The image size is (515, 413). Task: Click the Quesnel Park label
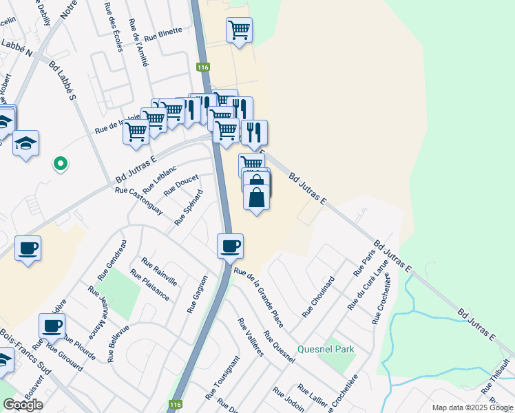coord(326,349)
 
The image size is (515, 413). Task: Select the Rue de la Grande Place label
coord(259,288)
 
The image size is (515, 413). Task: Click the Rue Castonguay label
coord(139,201)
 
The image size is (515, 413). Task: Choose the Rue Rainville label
coord(159,271)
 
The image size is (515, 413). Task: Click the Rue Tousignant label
coord(222,378)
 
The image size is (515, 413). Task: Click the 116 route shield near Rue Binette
coord(202,67)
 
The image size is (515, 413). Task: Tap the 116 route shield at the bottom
coord(176,405)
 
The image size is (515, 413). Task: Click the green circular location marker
coord(61,164)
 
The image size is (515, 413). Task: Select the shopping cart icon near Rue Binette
coord(239,30)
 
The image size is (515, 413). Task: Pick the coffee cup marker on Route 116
coord(230,246)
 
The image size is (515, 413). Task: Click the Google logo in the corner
coord(23,405)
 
